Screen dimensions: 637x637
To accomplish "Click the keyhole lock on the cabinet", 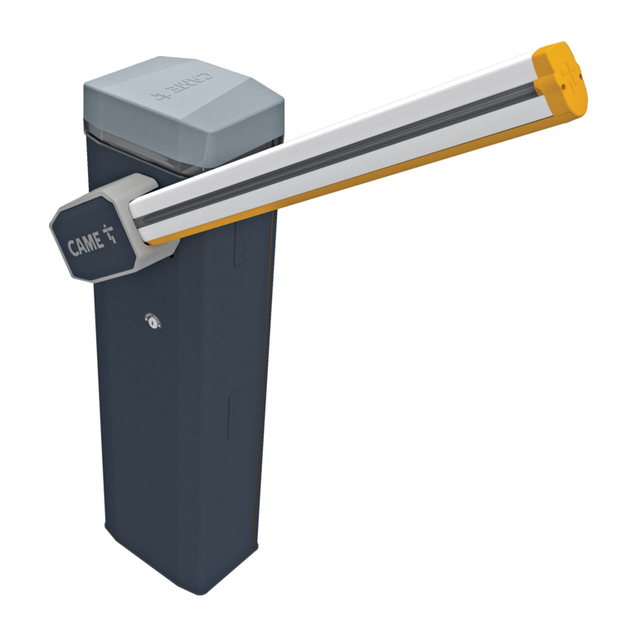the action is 153,321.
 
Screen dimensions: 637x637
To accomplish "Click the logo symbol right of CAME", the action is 109,234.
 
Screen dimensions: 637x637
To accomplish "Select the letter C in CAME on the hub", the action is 72,248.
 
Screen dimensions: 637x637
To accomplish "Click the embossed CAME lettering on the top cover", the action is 182,86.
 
